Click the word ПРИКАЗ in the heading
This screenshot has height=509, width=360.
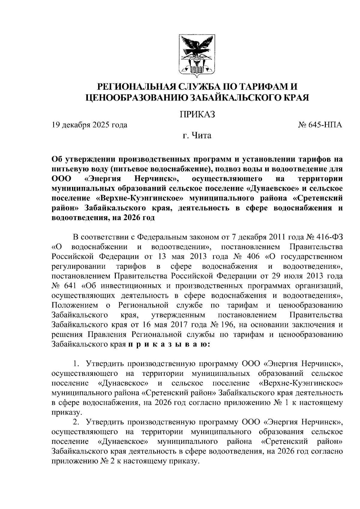[197, 114]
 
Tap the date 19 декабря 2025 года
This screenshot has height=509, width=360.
[89, 125]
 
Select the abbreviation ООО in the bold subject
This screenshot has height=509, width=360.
[61, 179]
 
